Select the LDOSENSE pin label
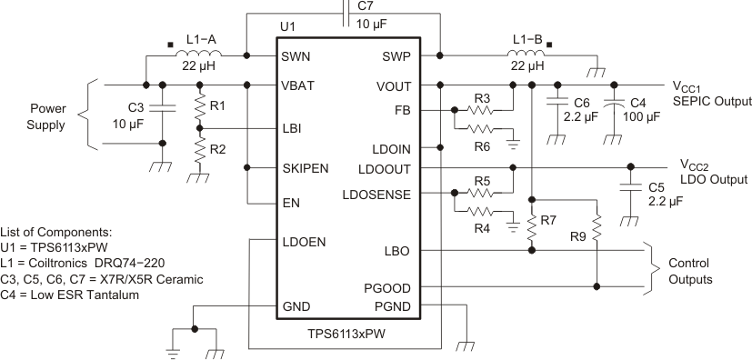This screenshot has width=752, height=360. [376, 194]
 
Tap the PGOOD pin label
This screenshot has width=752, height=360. [390, 287]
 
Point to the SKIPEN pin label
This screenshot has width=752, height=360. [306, 168]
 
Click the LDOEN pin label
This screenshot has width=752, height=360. [304, 242]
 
